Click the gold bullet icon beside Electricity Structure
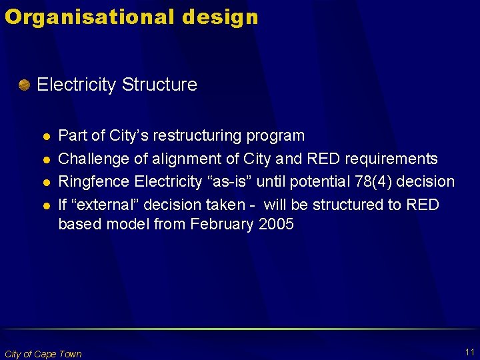(24, 85)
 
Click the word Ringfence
(94, 181)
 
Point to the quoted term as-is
(235, 181)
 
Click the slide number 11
(470, 352)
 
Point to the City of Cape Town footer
(43, 354)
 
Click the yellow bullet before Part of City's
(45, 137)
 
